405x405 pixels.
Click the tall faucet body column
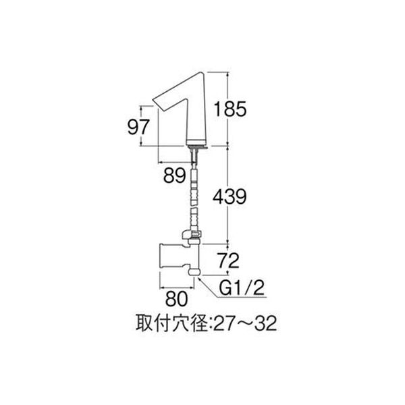(x=196, y=111)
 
